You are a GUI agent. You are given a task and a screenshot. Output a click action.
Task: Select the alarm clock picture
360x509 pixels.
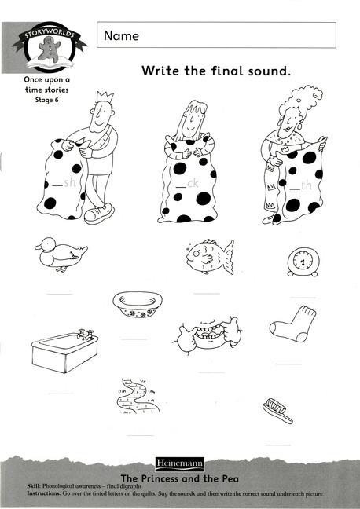click(303, 259)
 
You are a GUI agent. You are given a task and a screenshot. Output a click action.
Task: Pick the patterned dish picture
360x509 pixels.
click(138, 304)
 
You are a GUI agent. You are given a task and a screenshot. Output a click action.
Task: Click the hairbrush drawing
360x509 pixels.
click(279, 408)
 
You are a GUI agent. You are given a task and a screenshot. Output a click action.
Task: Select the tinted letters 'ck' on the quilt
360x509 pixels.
click(193, 185)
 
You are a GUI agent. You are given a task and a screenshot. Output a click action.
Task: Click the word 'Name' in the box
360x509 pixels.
click(120, 35)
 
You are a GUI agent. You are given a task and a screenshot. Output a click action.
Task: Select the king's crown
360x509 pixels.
click(104, 100)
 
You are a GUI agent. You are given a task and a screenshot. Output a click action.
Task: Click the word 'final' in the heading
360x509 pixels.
click(230, 71)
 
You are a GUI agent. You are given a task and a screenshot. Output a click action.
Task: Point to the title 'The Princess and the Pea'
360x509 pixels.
click(179, 478)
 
